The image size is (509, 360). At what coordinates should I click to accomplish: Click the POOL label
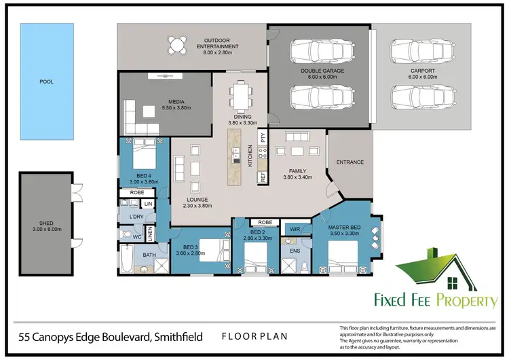[46, 82]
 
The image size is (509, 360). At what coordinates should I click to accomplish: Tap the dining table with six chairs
[239, 95]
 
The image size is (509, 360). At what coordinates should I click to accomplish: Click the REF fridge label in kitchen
[262, 177]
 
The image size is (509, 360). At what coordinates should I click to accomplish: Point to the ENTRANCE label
[350, 162]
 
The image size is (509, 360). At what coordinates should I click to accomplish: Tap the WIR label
[295, 229]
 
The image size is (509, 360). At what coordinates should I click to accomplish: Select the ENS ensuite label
[295, 251]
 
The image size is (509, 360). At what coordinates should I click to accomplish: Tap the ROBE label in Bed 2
[265, 222]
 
